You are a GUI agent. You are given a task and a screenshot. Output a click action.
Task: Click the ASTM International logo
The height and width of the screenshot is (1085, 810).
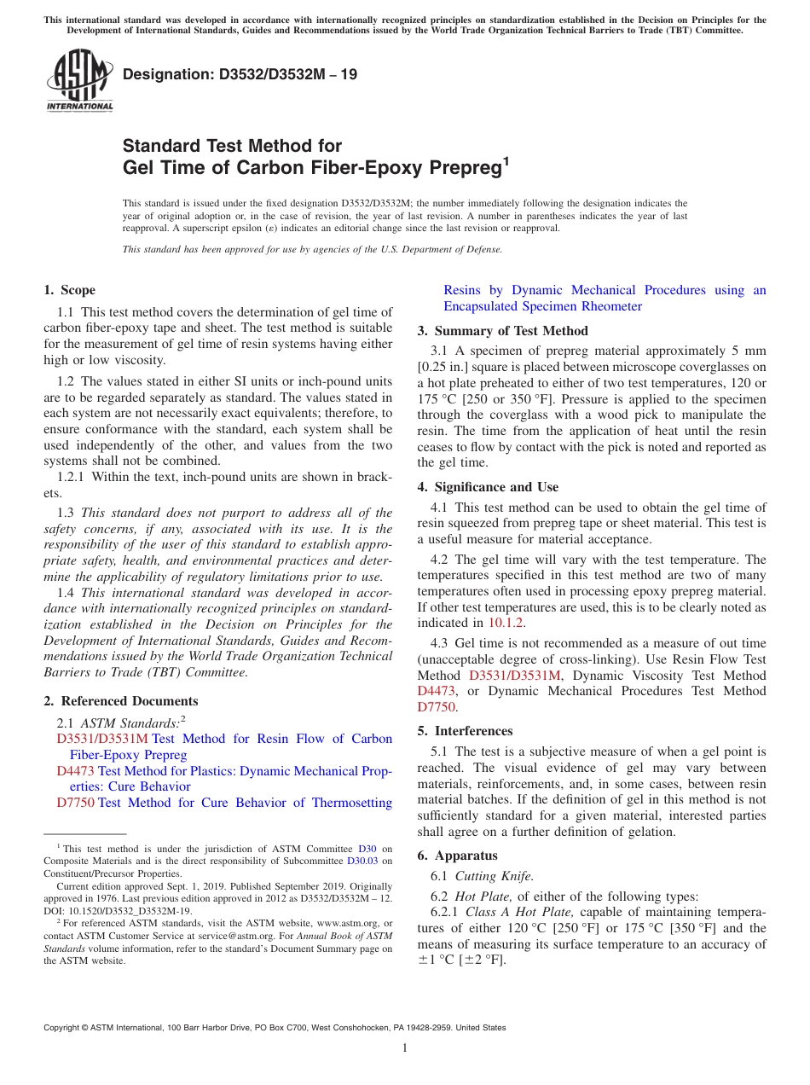[x=78, y=82]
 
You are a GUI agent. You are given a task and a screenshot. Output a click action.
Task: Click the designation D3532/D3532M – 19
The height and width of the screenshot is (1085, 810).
[x=240, y=75]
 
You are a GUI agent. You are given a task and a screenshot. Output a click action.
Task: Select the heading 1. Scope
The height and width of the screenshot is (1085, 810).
[x=70, y=290]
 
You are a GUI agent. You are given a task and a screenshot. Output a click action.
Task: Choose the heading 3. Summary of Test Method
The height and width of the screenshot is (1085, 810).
[x=502, y=331]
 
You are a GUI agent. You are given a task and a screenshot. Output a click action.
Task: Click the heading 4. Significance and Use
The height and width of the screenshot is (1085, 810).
[x=488, y=487]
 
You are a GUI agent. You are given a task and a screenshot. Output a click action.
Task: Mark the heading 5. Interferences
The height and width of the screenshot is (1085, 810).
[x=466, y=731]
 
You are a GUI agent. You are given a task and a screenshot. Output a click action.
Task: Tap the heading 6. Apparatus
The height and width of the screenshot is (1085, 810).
[x=458, y=856]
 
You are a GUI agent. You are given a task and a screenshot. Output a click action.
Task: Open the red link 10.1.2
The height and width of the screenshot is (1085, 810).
[x=506, y=624]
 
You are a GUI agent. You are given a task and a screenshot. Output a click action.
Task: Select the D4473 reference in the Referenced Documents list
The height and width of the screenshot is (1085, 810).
[x=75, y=771]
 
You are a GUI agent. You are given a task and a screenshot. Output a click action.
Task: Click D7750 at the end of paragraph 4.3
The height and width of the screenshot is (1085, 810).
[x=437, y=707]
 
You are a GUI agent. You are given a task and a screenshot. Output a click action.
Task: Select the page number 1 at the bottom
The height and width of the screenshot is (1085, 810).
[x=405, y=1047]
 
